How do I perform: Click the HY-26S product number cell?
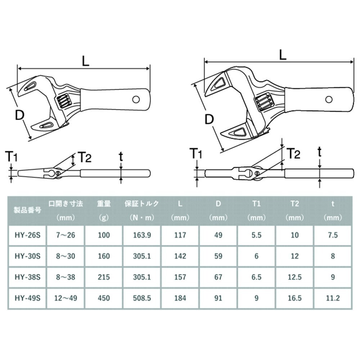coord(27,235)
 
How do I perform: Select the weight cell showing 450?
coord(104,298)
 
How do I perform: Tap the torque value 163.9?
coord(142,235)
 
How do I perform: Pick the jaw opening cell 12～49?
coord(65,298)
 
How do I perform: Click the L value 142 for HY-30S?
coord(180,256)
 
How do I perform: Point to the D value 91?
coord(218,298)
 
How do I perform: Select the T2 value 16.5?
coord(294,298)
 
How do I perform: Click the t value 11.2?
coord(333,298)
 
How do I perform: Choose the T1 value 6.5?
coord(256,277)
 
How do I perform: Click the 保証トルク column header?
coord(142,204)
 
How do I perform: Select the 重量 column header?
coord(104,204)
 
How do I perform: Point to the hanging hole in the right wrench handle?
coord(329,99)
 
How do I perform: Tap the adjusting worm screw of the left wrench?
coord(63,100)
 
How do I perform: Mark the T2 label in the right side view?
coord(293,154)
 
